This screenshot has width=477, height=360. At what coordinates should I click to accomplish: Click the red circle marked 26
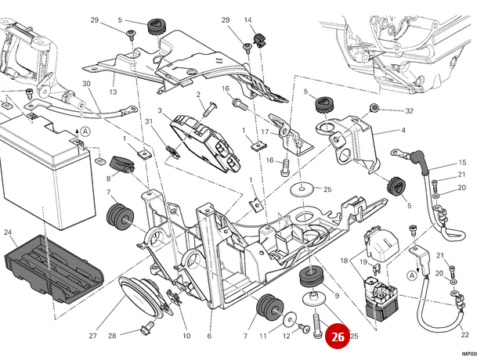point(338,337)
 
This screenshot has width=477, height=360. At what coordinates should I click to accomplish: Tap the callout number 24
point(9,232)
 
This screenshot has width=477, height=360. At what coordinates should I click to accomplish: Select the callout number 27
point(93,336)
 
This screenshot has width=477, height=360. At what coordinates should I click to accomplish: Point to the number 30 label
point(86,84)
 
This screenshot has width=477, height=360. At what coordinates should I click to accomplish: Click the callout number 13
point(113,92)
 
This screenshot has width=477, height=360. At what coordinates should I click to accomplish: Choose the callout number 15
point(462,163)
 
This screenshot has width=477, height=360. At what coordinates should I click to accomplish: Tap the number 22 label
point(465,334)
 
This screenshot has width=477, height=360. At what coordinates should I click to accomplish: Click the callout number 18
point(344,261)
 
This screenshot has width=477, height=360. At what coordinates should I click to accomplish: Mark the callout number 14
point(248,20)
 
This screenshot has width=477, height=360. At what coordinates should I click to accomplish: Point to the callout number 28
point(113,336)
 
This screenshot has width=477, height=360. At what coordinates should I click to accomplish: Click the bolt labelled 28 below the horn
point(146,326)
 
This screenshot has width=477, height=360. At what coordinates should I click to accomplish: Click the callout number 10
point(186,336)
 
